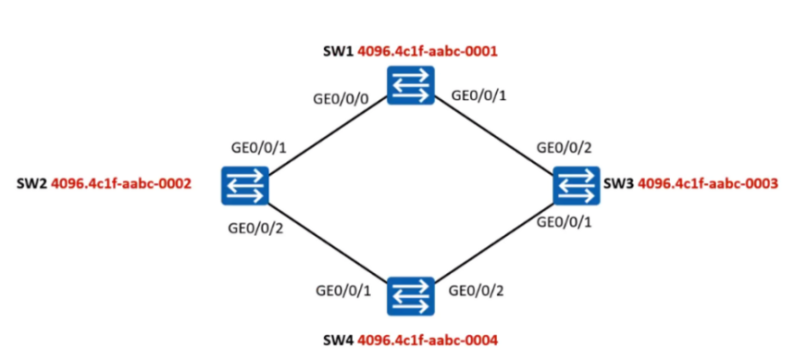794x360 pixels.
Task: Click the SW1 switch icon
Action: tap(411, 85)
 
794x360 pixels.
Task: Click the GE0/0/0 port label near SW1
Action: tap(341, 96)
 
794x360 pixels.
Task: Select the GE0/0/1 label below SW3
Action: tap(564, 222)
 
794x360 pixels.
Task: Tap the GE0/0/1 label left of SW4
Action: tap(343, 289)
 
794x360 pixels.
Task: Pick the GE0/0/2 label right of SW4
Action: tap(479, 289)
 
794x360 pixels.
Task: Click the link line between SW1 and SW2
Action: tap(327, 135)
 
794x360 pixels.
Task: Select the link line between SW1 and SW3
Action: tap(494, 135)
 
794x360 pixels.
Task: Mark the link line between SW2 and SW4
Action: tap(327, 240)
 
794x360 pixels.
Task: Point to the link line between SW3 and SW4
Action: tap(494, 240)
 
